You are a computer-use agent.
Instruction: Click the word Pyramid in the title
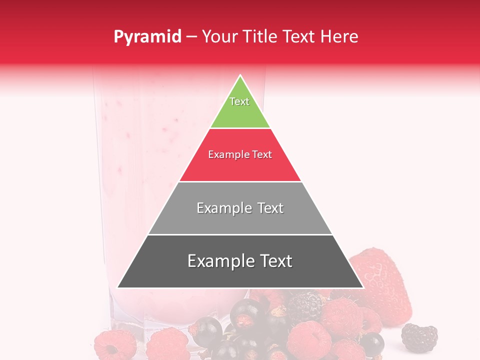tap(147, 37)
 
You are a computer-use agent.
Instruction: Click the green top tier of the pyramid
tap(240, 112)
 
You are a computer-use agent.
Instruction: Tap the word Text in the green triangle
tap(239, 101)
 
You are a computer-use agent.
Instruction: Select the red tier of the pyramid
tap(240, 167)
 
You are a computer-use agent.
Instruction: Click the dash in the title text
tap(191, 37)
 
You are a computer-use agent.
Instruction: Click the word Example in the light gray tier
tap(223, 208)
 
